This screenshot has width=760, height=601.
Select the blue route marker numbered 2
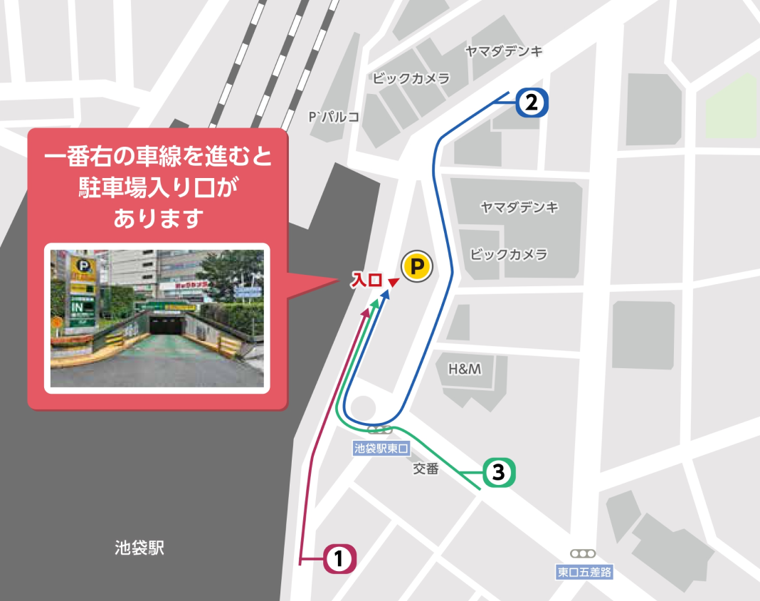tap(531, 103)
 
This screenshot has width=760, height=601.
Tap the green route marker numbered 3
tap(498, 471)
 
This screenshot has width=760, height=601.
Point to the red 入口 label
tap(366, 281)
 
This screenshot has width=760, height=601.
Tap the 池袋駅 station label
tap(139, 548)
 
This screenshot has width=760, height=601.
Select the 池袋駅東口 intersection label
tap(383, 449)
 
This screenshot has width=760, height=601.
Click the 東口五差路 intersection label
tap(584, 571)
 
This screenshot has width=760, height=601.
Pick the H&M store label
tap(465, 369)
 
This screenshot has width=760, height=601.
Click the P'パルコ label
tap(333, 116)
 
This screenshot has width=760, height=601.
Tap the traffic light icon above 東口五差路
tap(582, 553)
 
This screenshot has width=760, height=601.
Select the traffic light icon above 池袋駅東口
tap(379, 429)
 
